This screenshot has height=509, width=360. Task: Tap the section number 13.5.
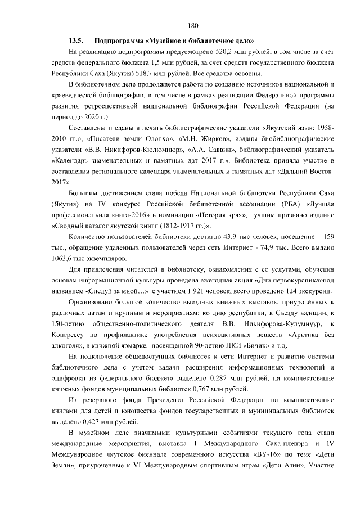(76, 40)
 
